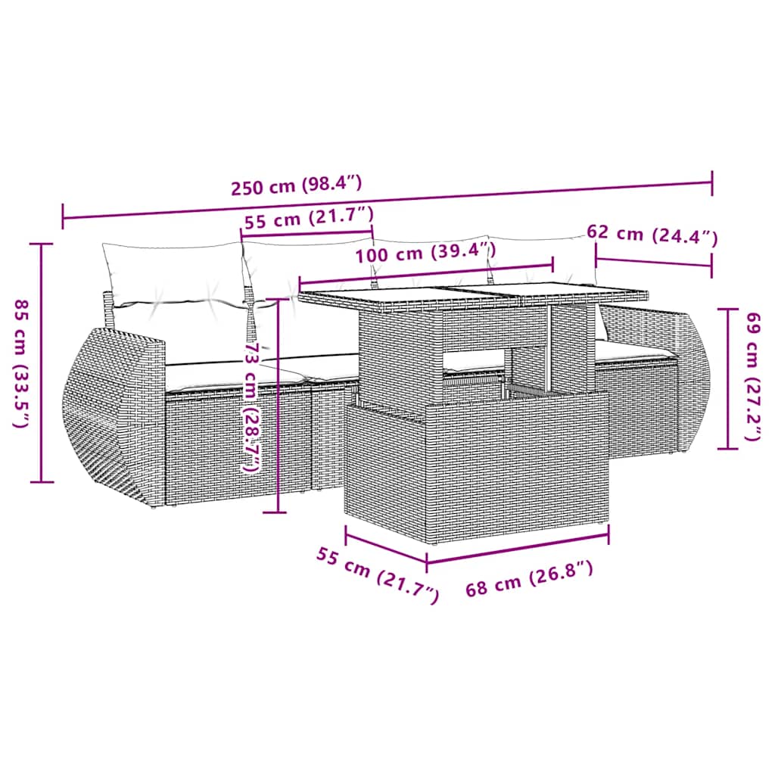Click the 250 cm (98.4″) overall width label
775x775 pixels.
coord(297,185)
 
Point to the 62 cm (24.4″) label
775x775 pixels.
coord(652,235)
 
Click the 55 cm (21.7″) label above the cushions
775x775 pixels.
coord(309,220)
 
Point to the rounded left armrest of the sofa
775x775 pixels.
coord(114,416)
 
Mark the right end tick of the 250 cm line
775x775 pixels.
coord(711,182)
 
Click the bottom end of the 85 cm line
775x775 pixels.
coord(42,481)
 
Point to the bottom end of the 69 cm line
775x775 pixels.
coord(728,448)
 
